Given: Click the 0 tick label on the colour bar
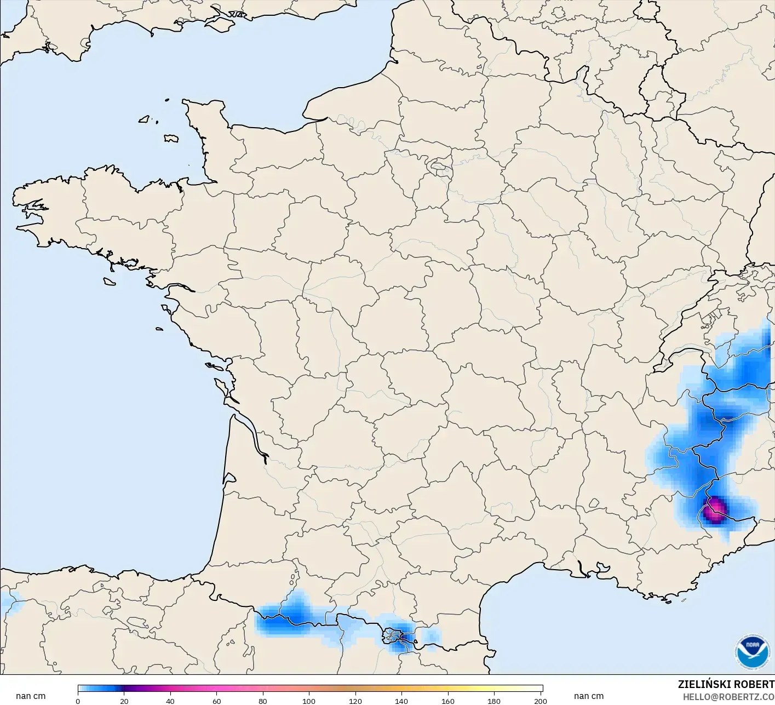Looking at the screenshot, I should click(78, 701).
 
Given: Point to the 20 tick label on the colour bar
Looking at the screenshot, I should click(124, 701).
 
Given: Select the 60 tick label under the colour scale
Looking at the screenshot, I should click(217, 701).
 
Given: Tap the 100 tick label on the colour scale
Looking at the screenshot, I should click(309, 701).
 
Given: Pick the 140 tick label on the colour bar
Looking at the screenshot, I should click(401, 701).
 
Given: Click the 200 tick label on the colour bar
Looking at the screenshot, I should click(540, 701).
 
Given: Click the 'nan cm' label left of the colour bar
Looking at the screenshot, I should click(31, 696).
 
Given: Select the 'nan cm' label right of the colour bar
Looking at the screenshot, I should click(589, 696).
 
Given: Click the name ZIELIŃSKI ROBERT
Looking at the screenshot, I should click(726, 684).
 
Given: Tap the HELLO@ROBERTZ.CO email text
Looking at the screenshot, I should click(728, 697).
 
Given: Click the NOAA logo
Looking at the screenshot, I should click(752, 651).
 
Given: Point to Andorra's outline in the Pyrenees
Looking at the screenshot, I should click(394, 637).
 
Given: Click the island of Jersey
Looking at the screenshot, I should click(171, 138).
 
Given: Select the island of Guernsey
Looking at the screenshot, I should click(145, 118).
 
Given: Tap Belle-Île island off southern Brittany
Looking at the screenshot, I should click(109, 281).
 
